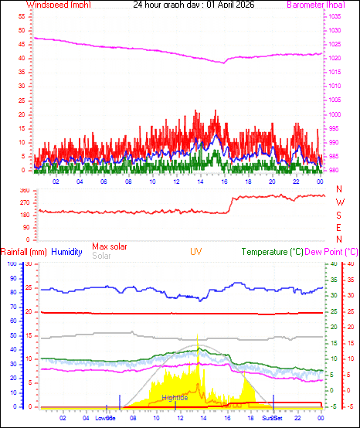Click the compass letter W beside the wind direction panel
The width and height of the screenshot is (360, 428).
tap(340, 202)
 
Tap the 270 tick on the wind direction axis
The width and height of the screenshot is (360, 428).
tap(23, 202)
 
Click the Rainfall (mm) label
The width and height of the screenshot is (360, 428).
tap(24, 252)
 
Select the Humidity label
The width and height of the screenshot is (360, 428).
tap(67, 252)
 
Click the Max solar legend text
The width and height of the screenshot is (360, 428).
tap(110, 246)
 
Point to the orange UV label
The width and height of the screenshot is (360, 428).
tap(196, 252)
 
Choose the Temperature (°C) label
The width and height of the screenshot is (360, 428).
tap(272, 252)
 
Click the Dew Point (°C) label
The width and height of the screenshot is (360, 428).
tap(332, 252)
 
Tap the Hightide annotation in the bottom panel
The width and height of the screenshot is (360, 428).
tap(175, 397)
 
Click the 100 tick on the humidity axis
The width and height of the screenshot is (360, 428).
tap(11, 264)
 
